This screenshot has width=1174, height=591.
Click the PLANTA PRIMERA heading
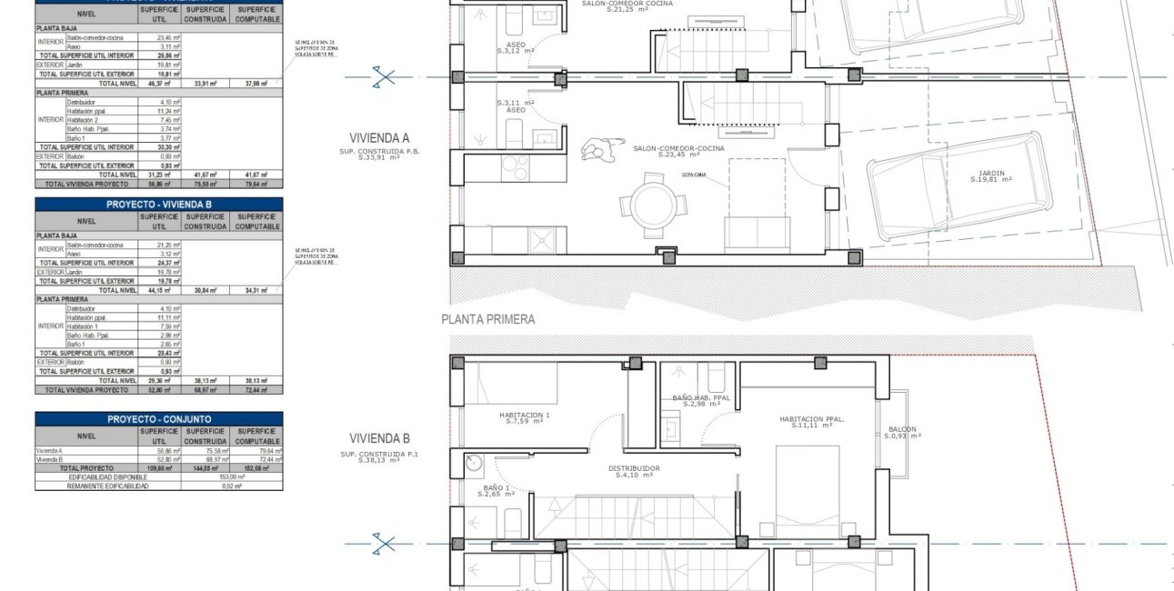click(x=487, y=319)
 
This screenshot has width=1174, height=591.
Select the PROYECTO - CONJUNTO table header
click(x=158, y=419)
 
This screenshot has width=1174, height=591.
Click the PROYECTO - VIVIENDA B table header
click(x=158, y=205)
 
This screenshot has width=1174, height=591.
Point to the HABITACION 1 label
click(x=525, y=417)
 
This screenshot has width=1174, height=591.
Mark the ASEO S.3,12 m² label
click(x=516, y=47)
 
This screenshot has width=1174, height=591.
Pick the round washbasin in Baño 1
click(x=473, y=463)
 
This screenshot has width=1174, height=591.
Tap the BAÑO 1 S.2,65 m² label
click(x=497, y=491)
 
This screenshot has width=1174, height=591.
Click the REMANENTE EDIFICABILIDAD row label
click(x=107, y=486)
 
